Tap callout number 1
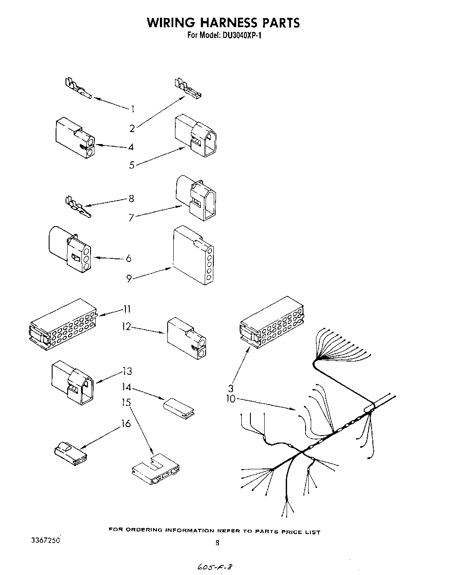coord(133,109)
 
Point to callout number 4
coord(131,147)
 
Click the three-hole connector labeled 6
coord(71,249)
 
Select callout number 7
coord(131,218)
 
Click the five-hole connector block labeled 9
coord(193,255)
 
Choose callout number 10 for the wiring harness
coord(231,399)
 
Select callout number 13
coord(127,371)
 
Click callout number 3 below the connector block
coord(231,388)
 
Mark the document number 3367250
coord(46,540)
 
